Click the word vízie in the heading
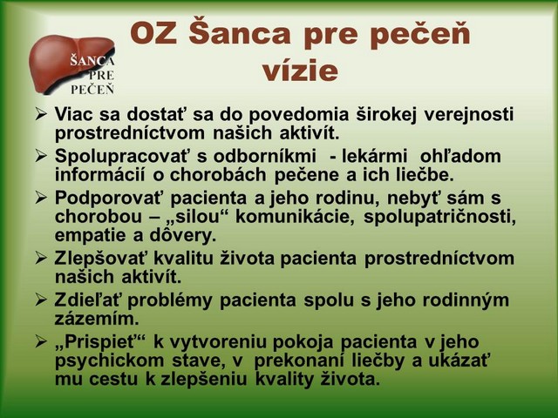coord(300,71)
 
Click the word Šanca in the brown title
coord(239,33)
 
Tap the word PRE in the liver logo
coord(102,76)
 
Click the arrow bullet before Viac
coord(41,114)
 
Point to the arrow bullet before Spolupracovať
coord(41,156)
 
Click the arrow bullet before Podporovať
coord(41,198)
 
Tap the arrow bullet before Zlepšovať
coord(41,259)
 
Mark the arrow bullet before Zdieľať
coord(41,300)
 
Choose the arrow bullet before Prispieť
coord(41,342)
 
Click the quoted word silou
coord(197,217)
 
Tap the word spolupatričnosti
coord(439,217)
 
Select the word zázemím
coord(97,319)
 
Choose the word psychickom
coord(109,361)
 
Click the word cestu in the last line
coord(113,380)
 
